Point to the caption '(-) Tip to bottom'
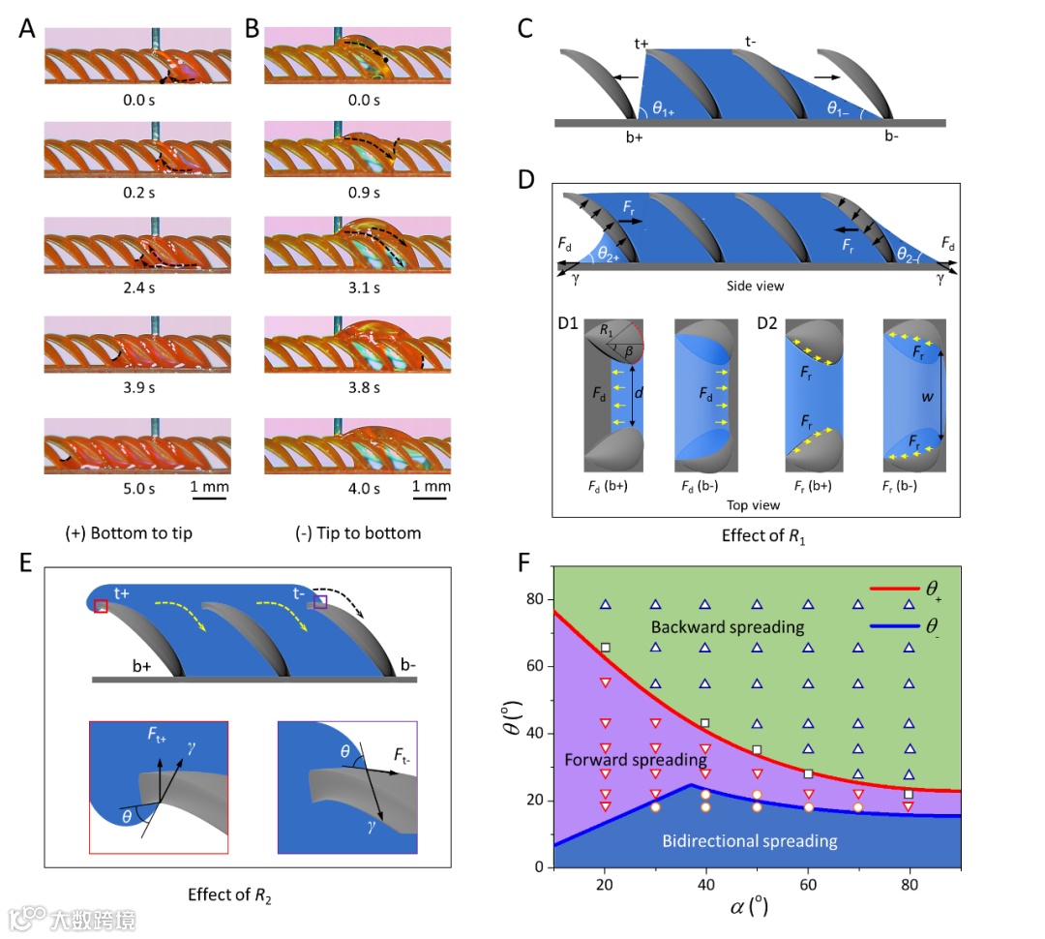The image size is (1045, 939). pos(358,533)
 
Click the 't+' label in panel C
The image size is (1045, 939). pos(642,43)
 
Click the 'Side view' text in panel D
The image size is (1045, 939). pos(754,287)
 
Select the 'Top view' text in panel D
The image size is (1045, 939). pos(752,504)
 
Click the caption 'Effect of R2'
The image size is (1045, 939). pos(231,894)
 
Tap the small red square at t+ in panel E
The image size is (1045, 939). pos(101,605)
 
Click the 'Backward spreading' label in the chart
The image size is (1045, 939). pos(727,627)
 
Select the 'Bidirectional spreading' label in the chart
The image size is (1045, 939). pos(750,840)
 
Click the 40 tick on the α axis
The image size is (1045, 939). pos(705,883)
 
